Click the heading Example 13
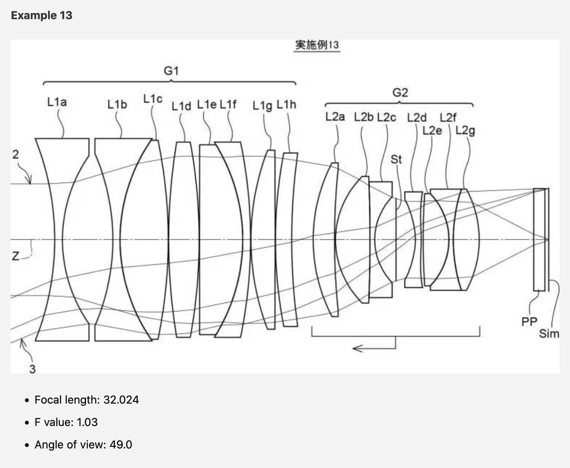(x=42, y=15)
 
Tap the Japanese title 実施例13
(x=317, y=45)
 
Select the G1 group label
(x=171, y=71)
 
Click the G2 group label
(x=400, y=93)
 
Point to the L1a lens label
(x=57, y=102)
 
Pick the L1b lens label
(x=117, y=105)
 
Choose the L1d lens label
(x=181, y=106)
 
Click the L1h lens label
(x=287, y=105)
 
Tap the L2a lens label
(x=335, y=117)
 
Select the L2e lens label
(x=432, y=131)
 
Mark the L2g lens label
(x=465, y=131)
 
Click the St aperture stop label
(x=396, y=159)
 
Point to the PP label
(x=529, y=322)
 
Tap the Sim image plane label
(x=549, y=334)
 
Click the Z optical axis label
(x=15, y=256)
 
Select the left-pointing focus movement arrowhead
(x=358, y=349)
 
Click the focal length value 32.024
(x=121, y=400)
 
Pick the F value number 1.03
(x=87, y=422)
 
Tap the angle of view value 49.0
(x=121, y=445)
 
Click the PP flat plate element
(x=539, y=240)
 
